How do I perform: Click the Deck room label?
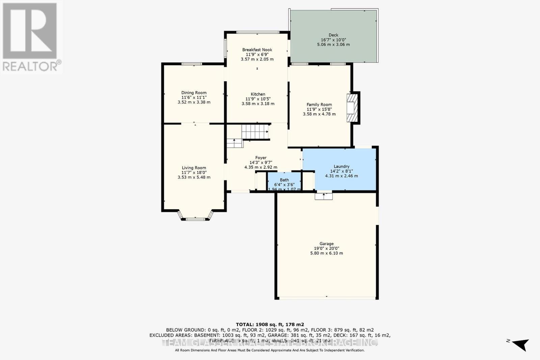pyautogui.click(x=333, y=35)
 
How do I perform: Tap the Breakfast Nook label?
pyautogui.click(x=257, y=50)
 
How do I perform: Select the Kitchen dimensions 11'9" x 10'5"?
pyautogui.click(x=258, y=99)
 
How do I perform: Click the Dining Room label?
pyautogui.click(x=194, y=93)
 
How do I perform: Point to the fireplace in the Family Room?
pyautogui.click(x=352, y=107)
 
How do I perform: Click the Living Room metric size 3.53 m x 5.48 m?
pyautogui.click(x=194, y=177)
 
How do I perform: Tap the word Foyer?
pyautogui.click(x=261, y=158)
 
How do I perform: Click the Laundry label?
pyautogui.click(x=341, y=166)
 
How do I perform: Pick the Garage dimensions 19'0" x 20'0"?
pyautogui.click(x=326, y=248)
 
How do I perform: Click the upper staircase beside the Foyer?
pyautogui.click(x=255, y=132)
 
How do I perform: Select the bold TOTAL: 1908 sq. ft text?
pyautogui.click(x=270, y=324)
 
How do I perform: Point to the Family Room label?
pyautogui.click(x=319, y=105)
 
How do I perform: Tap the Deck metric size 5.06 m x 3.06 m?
pyautogui.click(x=333, y=45)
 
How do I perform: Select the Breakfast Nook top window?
pyautogui.click(x=258, y=32)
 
